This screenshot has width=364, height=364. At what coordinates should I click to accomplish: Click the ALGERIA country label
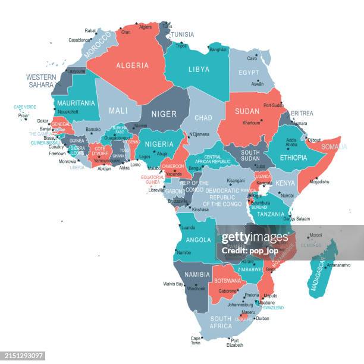[x=132, y=65]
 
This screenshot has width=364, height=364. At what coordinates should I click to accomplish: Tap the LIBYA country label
[x=199, y=69]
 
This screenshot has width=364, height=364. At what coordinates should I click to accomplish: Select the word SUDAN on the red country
[x=247, y=111]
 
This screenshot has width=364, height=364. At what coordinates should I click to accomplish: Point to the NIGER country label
[x=164, y=114]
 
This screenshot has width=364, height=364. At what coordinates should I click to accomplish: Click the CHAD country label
[x=203, y=118]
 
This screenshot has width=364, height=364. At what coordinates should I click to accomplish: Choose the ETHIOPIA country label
[x=293, y=158]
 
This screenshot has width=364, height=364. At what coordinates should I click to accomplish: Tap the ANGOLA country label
[x=198, y=240]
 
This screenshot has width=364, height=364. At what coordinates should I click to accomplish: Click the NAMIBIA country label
[x=197, y=274]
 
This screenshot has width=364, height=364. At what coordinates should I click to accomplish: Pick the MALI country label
[x=118, y=111]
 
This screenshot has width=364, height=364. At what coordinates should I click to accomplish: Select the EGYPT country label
[x=249, y=73]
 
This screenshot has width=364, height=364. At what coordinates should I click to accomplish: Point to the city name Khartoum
[x=252, y=123]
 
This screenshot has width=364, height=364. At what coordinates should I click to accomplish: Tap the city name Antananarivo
[x=338, y=265]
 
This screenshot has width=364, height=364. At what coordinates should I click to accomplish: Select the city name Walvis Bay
[x=173, y=284]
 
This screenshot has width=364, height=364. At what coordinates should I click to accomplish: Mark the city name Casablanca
[x=80, y=40]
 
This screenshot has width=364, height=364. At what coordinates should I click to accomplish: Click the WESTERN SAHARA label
[x=41, y=81]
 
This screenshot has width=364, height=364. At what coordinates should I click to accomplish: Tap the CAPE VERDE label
[x=24, y=107]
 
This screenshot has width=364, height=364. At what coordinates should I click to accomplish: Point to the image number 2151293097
[x=28, y=356]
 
